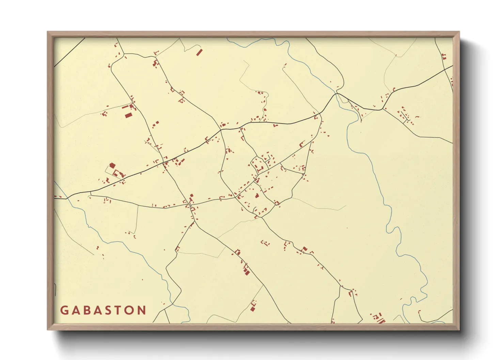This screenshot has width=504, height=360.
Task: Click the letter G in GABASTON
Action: pos(64,310)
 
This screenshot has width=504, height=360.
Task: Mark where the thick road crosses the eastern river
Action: pos(337,93)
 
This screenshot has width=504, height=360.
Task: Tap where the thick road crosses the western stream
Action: pos(66,198)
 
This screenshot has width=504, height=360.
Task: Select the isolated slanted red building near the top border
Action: pos(199,52)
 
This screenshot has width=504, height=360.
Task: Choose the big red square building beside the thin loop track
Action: pos(112,166)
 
